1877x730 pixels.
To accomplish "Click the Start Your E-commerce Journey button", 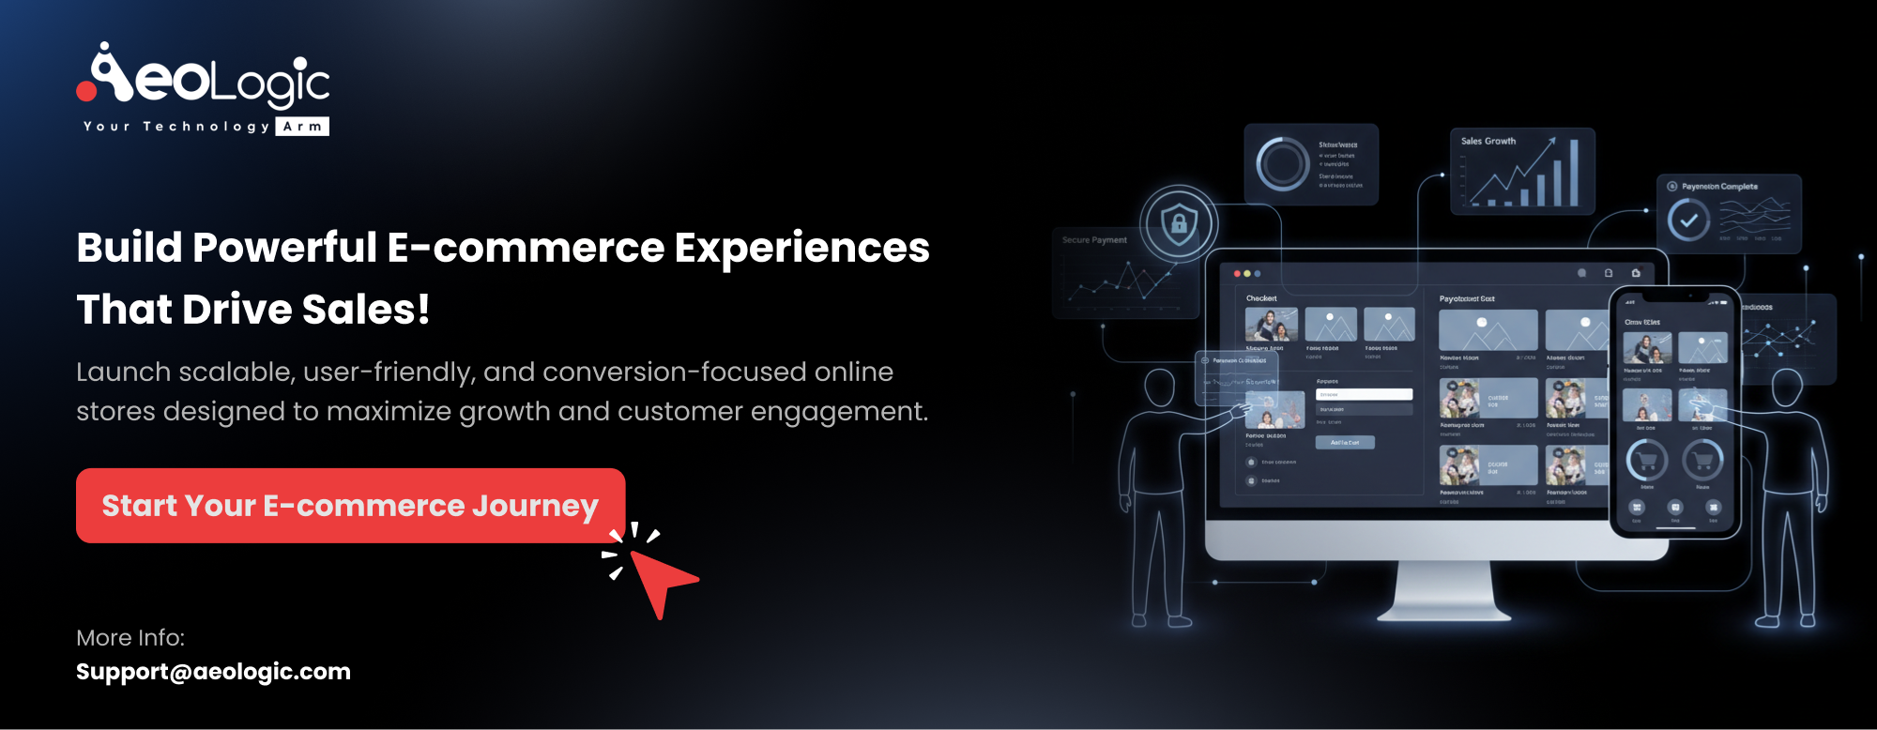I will tap(350, 506).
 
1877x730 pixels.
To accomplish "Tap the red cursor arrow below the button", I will tap(661, 579).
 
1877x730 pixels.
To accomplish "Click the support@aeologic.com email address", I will tap(213, 672).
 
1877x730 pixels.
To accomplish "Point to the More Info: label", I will tap(130, 638).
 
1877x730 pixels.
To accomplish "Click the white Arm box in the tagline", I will tap(302, 127).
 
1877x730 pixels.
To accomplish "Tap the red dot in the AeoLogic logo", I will tap(86, 91).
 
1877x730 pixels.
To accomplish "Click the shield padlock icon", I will tap(1179, 223).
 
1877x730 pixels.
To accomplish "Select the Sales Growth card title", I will tap(1488, 142).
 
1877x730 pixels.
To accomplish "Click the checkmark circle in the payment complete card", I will tap(1688, 221).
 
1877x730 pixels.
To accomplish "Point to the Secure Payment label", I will tap(1094, 240).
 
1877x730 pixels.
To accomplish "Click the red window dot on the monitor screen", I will tap(1237, 274).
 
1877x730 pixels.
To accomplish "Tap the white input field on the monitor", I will tap(1365, 394).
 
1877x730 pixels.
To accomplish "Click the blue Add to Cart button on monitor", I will tap(1345, 442).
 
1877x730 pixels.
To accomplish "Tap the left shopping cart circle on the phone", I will tap(1646, 460).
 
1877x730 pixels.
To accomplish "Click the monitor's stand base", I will tap(1443, 613).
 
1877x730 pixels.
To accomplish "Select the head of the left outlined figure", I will tap(1160, 389).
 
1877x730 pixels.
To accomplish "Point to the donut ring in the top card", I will tap(1282, 164).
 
